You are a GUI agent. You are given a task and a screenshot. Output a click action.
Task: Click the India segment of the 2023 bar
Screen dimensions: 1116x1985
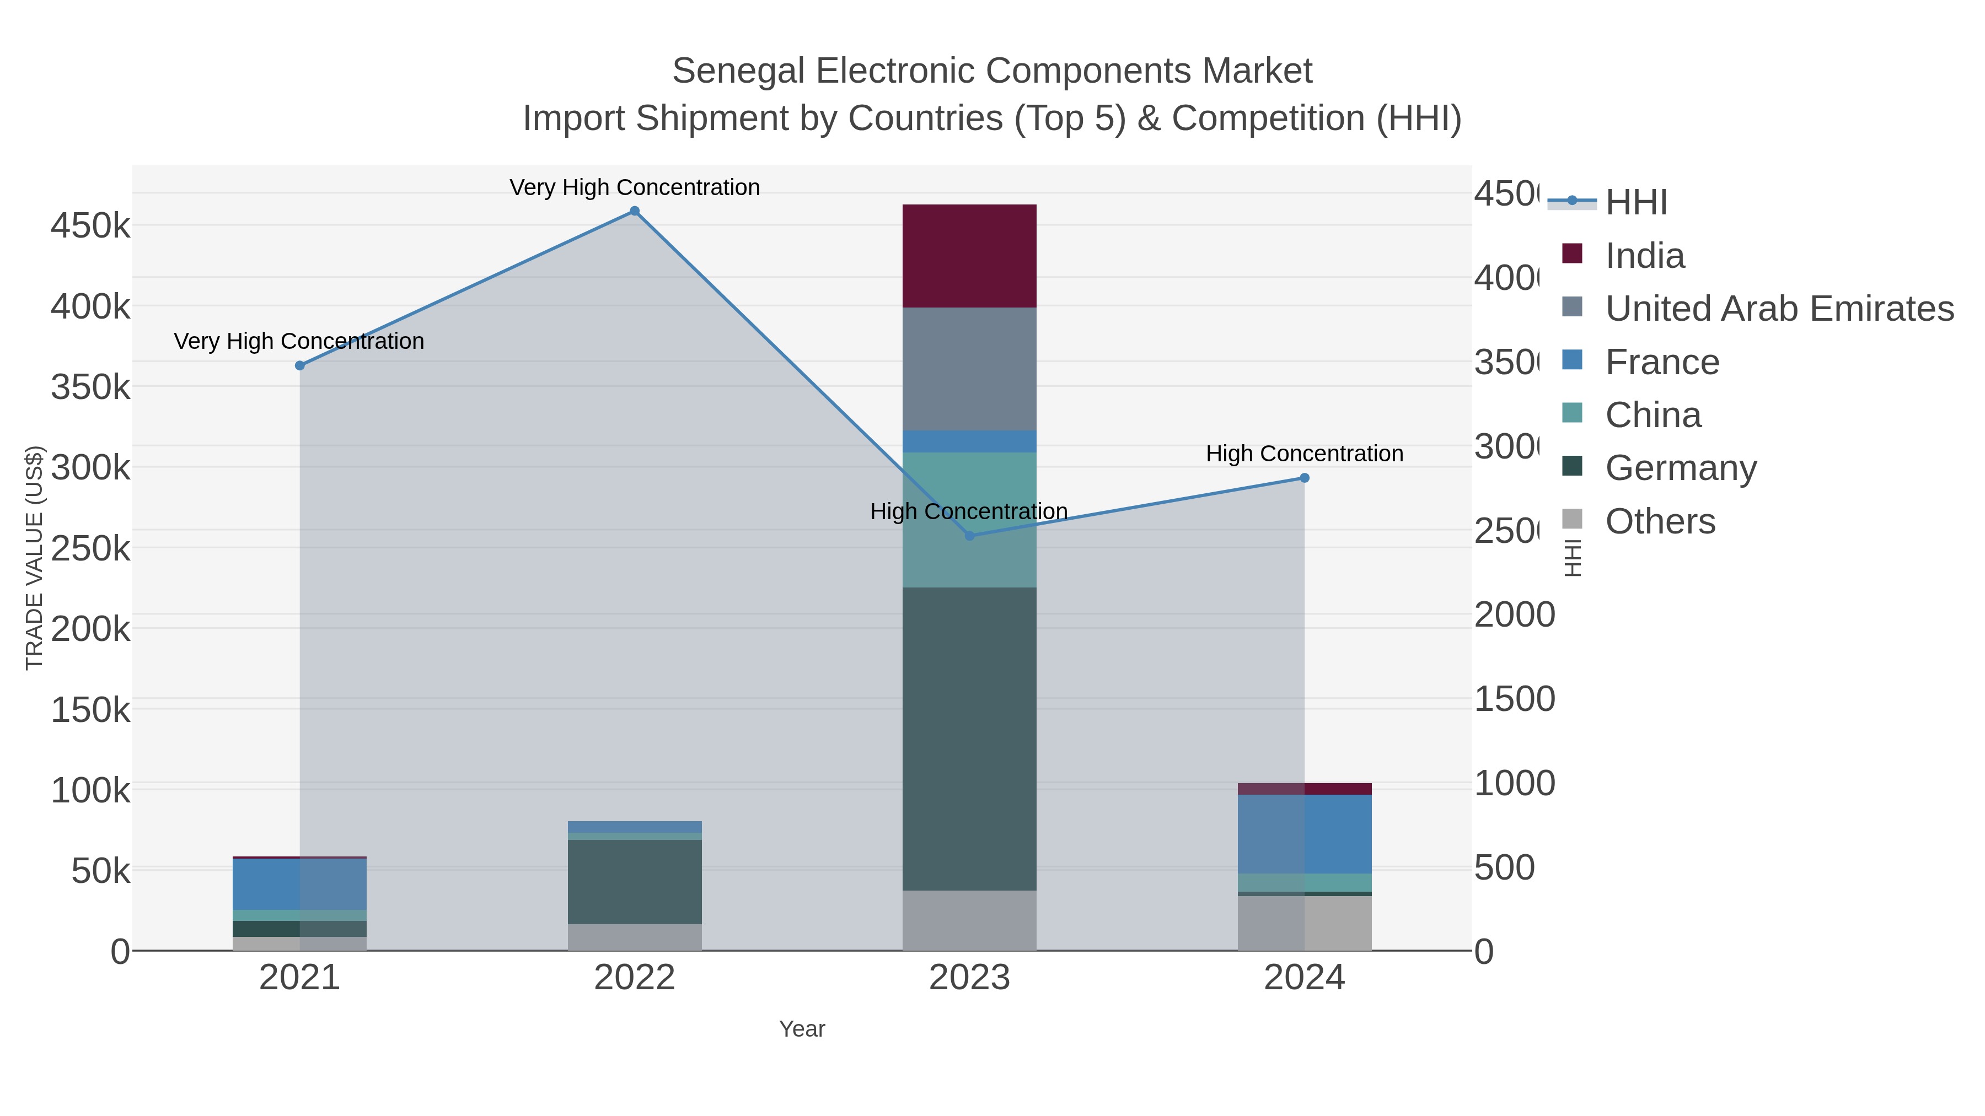point(969,256)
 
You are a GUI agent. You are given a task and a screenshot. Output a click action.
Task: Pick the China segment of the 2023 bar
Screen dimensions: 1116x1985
point(969,519)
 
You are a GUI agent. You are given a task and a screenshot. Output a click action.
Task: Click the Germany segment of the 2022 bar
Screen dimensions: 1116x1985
point(634,881)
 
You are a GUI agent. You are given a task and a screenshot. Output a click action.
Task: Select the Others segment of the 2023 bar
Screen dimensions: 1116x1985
point(969,920)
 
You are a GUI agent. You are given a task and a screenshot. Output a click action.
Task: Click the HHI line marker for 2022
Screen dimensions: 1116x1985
point(634,211)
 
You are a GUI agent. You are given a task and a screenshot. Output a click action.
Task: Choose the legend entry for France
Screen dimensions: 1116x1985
point(1661,362)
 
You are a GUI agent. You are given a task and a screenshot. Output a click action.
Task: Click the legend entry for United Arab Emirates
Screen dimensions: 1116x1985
point(1778,309)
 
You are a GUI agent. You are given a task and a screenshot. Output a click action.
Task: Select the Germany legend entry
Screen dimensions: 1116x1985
point(1680,468)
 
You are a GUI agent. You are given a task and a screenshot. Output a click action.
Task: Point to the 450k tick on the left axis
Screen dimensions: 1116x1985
point(90,227)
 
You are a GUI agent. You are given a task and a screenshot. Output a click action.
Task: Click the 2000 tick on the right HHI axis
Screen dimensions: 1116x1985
point(1514,614)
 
